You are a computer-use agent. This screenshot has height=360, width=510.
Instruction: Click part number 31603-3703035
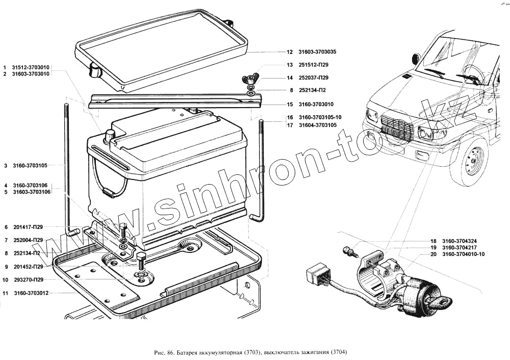pyautogui.click(x=317, y=52)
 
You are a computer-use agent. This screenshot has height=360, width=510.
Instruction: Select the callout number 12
pyautogui.click(x=289, y=52)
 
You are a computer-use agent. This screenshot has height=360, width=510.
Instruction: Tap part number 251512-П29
pyautogui.click(x=313, y=65)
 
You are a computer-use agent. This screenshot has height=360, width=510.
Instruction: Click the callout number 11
pyautogui.click(x=6, y=293)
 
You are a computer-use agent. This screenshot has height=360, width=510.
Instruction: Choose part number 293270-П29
pyautogui.click(x=29, y=280)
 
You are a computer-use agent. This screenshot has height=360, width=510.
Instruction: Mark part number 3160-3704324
pyautogui.click(x=460, y=241)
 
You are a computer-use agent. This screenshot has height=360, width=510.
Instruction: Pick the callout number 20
pyautogui.click(x=433, y=254)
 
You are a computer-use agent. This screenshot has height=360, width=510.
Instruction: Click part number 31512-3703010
pyautogui.click(x=31, y=67)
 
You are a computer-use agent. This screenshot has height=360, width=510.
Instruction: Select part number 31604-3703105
pyautogui.click(x=317, y=124)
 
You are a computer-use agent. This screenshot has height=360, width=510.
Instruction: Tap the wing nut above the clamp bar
pyautogui.click(x=250, y=78)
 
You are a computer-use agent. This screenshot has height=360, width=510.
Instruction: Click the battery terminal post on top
pyautogui.click(x=110, y=135)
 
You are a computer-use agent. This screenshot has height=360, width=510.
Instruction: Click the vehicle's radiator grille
pyautogui.click(x=397, y=129)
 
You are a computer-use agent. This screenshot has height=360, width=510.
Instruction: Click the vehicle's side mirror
pyautogui.click(x=415, y=59)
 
